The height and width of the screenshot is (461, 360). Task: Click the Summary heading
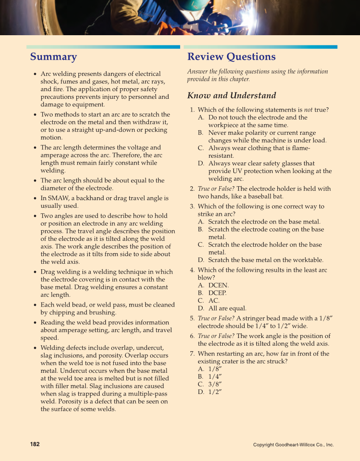(x=53, y=57)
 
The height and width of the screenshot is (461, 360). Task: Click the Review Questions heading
(x=231, y=57)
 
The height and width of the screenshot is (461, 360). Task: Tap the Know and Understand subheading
(x=232, y=95)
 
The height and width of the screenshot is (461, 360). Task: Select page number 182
(x=35, y=444)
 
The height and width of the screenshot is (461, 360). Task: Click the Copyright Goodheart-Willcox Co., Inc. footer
(x=293, y=445)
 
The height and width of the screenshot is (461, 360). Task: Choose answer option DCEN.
(x=218, y=285)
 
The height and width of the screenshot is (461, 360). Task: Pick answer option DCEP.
(x=217, y=293)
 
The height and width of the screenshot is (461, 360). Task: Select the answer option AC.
(x=214, y=301)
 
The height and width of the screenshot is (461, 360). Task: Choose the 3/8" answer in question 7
(x=215, y=384)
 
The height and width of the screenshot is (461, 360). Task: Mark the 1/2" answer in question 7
(x=215, y=392)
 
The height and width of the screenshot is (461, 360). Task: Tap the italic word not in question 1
(x=308, y=110)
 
